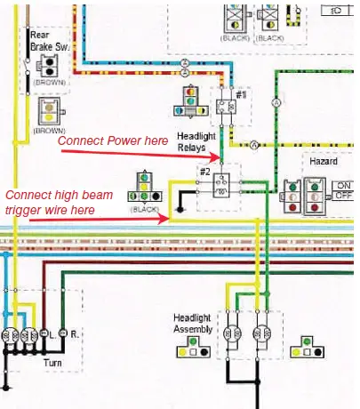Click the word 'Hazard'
tap(323, 163)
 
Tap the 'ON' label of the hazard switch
tap(343, 186)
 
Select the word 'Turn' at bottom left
tap(52, 363)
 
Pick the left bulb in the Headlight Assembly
tap(234, 335)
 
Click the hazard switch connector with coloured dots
tap(305, 196)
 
